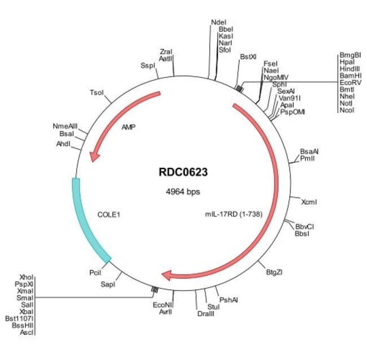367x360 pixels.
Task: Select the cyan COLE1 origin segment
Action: point(88,220)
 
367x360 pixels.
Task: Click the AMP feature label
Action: point(129,128)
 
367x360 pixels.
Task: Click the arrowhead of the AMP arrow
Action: point(94,155)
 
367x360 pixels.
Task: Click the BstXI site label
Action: point(248,57)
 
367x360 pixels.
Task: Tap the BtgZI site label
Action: point(274,272)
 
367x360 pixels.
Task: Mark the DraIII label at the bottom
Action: point(206,314)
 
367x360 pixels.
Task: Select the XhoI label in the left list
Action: point(27,277)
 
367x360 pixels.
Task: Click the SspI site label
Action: point(147,66)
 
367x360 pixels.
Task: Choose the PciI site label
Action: point(95,272)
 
